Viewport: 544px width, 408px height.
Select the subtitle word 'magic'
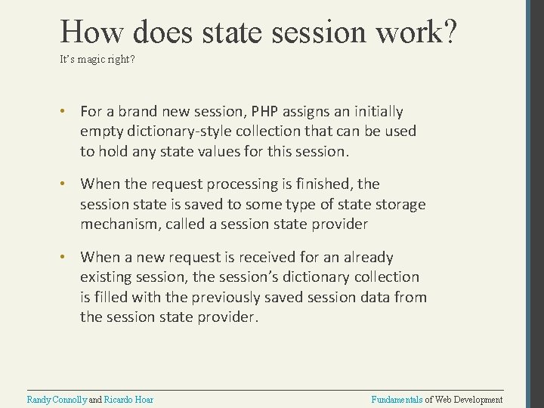point(90,58)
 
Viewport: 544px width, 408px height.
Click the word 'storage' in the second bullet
point(397,204)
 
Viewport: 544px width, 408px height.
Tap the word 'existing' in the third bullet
point(105,277)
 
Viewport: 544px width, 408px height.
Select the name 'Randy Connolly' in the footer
point(57,399)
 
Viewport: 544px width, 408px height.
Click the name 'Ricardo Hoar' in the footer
point(128,399)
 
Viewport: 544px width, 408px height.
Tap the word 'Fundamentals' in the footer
point(397,399)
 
